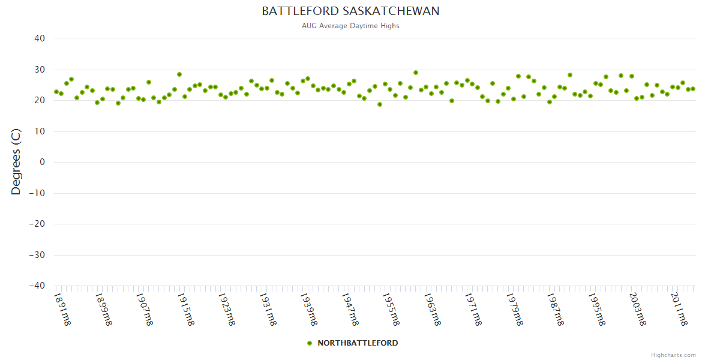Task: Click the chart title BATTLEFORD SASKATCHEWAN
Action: coord(350,11)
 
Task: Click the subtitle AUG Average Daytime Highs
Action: coord(350,26)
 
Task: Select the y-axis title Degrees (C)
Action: coord(16,162)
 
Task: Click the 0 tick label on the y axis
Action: coord(42,162)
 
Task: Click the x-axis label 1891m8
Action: coord(62,308)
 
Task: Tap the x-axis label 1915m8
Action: coord(185,308)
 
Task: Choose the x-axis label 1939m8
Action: coord(308,308)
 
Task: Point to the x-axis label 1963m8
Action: coord(432,308)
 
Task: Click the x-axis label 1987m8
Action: coord(555,308)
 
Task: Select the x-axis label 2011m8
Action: coord(679,308)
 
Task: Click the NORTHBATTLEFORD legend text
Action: coord(358,343)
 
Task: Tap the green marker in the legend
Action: coord(310,343)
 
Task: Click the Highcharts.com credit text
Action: coord(673,355)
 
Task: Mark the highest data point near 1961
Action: coord(416,73)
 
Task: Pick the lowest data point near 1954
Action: coord(380,104)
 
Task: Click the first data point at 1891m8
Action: coord(56,92)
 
